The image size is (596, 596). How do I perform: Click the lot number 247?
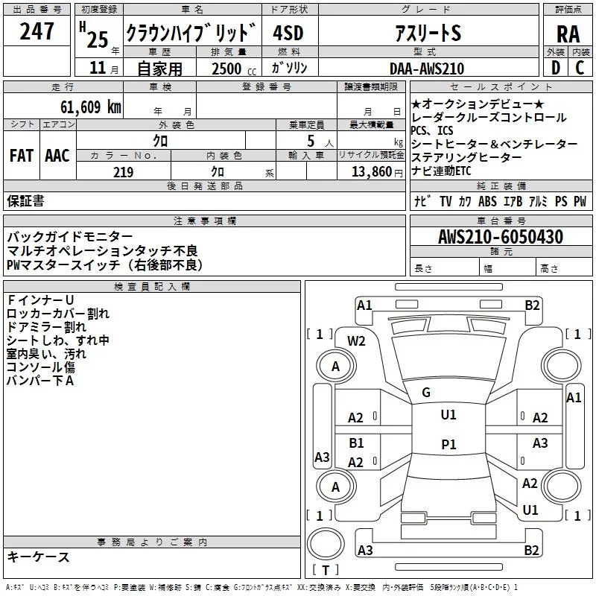tap(37, 32)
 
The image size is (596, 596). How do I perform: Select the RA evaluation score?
tap(568, 34)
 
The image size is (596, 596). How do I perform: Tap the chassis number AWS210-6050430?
tap(501, 237)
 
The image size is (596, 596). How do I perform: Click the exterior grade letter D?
tap(555, 69)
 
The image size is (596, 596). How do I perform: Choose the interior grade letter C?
tap(580, 69)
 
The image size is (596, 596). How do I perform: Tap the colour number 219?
tap(123, 172)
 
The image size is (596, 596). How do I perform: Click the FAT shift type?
tap(21, 156)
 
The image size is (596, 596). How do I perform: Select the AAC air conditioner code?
tap(57, 156)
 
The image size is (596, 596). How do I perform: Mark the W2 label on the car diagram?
tap(356, 341)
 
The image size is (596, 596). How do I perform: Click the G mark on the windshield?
tap(426, 393)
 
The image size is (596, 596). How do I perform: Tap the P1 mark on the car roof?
tap(448, 444)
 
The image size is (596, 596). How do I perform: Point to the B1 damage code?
tap(357, 443)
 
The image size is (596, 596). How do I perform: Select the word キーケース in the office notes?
tap(39, 557)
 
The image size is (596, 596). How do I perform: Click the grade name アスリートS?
tap(428, 34)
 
